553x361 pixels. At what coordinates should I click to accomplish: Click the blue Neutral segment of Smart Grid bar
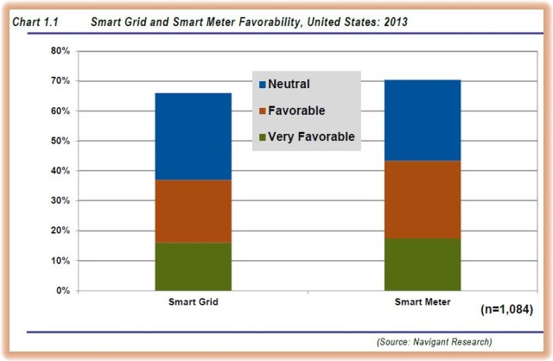point(193,136)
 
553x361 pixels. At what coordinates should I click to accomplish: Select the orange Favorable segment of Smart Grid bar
point(193,211)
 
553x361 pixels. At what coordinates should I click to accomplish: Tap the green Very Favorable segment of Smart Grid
point(193,266)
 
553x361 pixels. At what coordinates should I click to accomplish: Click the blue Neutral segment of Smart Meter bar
point(423,120)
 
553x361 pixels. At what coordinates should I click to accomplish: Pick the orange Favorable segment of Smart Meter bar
point(423,199)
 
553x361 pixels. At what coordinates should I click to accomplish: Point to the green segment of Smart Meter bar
point(423,264)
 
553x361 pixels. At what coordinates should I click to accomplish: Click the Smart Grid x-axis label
point(193,304)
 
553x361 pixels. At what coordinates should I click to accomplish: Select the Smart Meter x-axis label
point(423,304)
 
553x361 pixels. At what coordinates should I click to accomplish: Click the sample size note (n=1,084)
point(506,309)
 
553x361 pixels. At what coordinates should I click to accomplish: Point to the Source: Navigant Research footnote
point(435,343)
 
